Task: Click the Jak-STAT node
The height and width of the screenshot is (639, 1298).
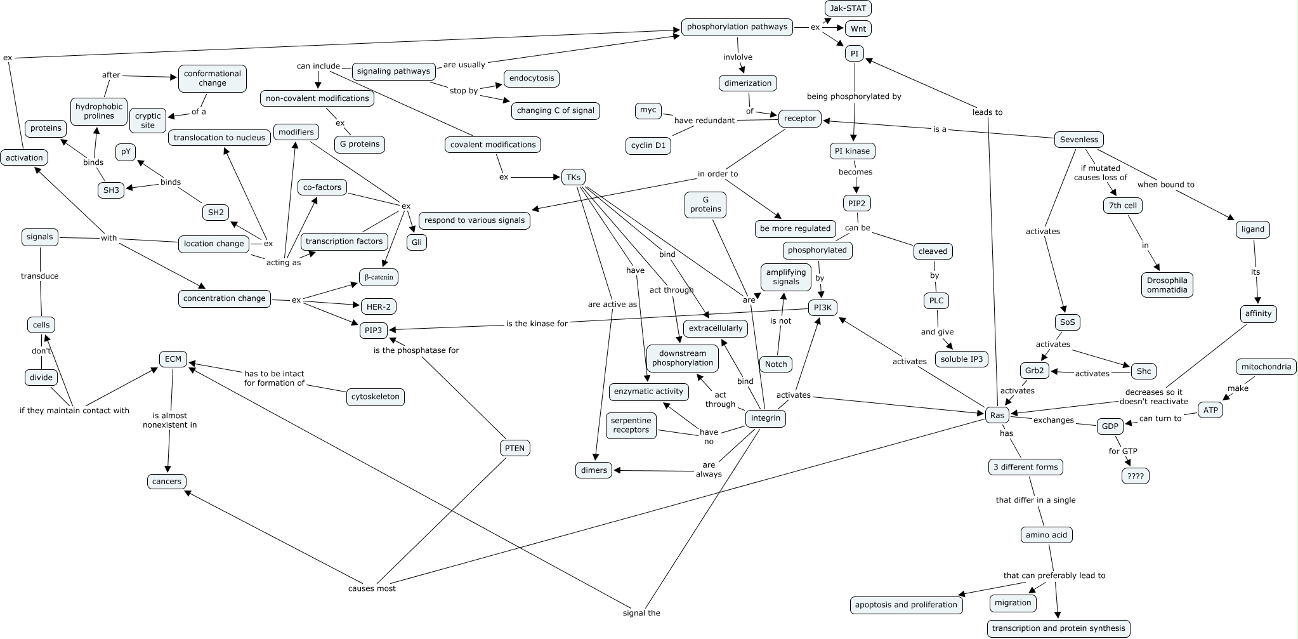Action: [x=848, y=8]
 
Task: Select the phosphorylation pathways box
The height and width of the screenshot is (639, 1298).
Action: [x=737, y=27]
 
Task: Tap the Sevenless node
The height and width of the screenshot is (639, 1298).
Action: [x=1078, y=140]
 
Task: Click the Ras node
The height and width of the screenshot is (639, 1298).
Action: [x=997, y=416]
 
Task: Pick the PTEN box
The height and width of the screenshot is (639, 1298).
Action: [x=515, y=448]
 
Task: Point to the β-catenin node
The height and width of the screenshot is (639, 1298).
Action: [x=379, y=277]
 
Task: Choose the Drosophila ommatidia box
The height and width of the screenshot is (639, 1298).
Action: [x=1167, y=285]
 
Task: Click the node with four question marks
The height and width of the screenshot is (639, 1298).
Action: [x=1135, y=476]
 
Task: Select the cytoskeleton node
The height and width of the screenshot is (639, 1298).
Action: [x=376, y=397]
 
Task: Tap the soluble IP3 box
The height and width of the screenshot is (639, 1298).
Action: [x=962, y=359]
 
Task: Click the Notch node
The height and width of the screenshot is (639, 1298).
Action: [x=775, y=364]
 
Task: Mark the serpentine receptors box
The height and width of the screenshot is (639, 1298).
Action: [x=631, y=425]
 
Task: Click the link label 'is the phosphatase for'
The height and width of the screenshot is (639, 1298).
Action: [x=416, y=350]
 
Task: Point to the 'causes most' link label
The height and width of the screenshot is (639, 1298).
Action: [x=372, y=588]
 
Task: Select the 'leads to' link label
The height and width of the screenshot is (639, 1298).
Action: [x=987, y=112]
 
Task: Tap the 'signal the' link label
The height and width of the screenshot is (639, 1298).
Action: [x=641, y=613]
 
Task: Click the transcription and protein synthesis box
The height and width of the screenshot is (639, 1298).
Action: [x=1058, y=628]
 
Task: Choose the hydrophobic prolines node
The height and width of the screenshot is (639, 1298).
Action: [x=99, y=112]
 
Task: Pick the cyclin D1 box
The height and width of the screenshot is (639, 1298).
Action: [x=648, y=145]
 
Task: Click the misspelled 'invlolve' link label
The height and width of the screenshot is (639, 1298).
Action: [x=738, y=57]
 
